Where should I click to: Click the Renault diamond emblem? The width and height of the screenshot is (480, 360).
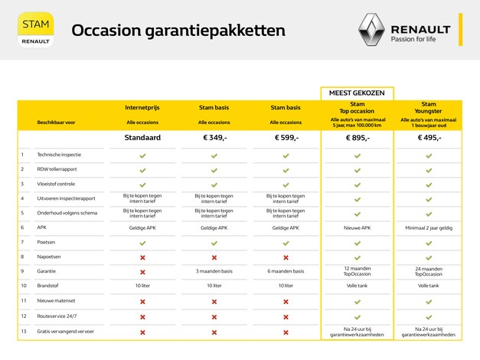click(371, 32)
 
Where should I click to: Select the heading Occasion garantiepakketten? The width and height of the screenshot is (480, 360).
click(178, 31)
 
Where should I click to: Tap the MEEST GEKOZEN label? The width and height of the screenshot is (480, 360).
click(357, 92)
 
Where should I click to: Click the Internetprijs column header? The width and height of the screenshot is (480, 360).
click(142, 108)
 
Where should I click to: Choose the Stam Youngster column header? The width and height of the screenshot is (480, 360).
click(429, 107)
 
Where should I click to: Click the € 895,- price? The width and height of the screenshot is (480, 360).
click(357, 138)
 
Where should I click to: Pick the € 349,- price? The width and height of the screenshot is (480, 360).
click(214, 138)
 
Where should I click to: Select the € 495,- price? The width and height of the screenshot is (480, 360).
click(429, 138)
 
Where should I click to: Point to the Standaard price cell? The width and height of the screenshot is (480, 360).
click(142, 138)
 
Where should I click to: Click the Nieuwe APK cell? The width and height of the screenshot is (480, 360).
click(357, 227)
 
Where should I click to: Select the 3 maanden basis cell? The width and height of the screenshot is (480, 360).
click(214, 271)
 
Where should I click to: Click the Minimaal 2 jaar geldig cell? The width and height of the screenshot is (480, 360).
click(429, 227)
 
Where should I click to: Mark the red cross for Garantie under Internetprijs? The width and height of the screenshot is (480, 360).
click(142, 271)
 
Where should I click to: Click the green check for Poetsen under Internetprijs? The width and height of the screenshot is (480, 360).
click(142, 242)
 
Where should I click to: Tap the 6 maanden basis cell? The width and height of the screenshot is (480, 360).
click(286, 271)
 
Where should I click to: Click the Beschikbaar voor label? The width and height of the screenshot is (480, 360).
click(57, 122)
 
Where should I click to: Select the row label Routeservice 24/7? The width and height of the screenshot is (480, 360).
click(57, 316)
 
